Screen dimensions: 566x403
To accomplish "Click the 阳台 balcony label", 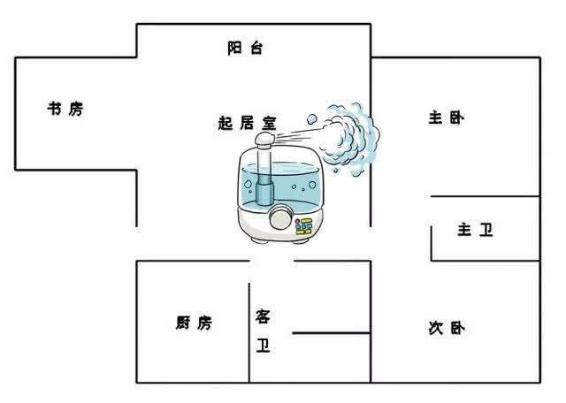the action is tap(245, 48).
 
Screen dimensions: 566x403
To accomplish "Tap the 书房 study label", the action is tap(65, 108).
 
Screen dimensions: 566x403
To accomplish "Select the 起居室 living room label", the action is tap(248, 123).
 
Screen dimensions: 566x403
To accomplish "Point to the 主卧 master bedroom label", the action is tap(447, 118).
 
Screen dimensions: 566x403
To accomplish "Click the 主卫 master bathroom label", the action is tap(476, 230).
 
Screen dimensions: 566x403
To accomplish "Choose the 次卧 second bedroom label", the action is tap(447, 328).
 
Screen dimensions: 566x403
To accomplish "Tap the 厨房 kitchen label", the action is tap(194, 323).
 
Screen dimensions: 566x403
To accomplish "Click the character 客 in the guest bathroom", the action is tap(263, 316).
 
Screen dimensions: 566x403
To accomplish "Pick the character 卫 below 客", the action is tap(263, 345).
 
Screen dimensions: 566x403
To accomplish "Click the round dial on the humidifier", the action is tap(280, 217).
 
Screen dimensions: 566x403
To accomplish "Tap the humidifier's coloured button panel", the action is tap(303, 226).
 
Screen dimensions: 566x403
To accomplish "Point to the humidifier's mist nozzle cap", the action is tap(265, 140).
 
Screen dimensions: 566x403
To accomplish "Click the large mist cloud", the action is tap(349, 139).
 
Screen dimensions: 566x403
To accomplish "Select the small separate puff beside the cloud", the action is tap(312, 118).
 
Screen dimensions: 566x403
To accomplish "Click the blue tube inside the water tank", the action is tap(264, 177).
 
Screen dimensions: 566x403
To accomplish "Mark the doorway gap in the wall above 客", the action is tap(272, 261).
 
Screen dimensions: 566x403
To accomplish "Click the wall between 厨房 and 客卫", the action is tap(249, 332).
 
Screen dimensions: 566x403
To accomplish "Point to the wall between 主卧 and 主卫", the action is tap(486, 196).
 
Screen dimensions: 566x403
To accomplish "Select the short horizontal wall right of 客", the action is tap(332, 333).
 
